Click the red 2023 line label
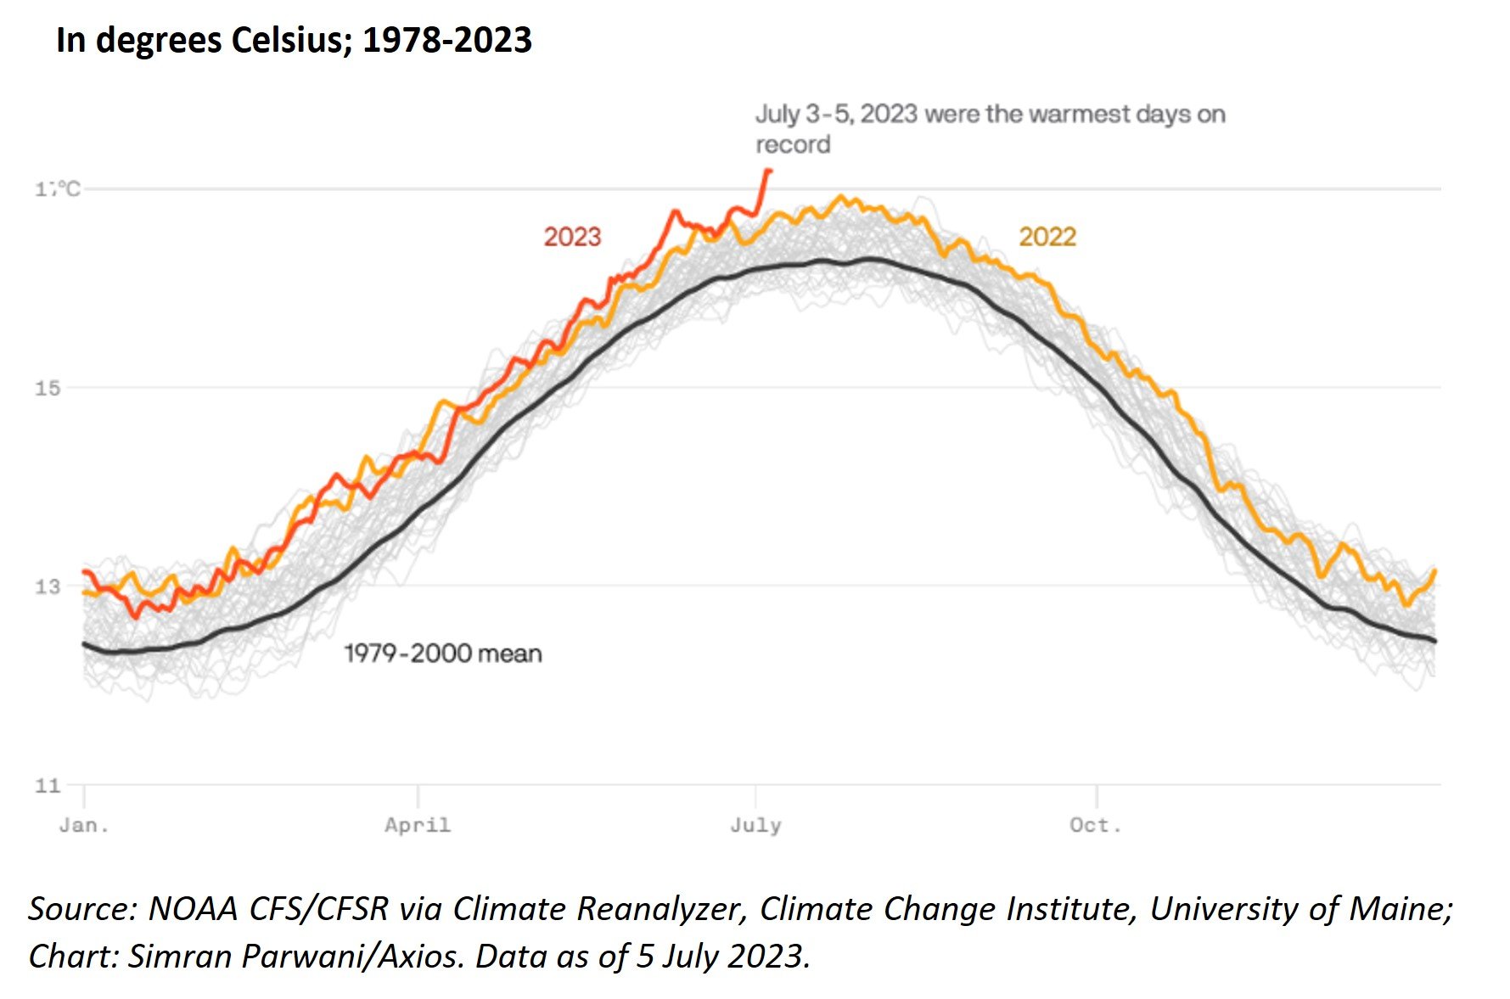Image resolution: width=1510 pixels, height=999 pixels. [x=572, y=237]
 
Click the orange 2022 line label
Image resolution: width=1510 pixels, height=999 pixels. [x=1047, y=237]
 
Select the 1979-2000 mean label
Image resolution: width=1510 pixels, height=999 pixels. [x=442, y=654]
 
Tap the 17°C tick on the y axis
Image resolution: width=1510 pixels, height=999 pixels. [x=58, y=189]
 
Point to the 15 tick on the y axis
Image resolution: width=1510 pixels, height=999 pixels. [x=48, y=389]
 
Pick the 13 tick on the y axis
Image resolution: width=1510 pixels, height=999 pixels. [x=48, y=586]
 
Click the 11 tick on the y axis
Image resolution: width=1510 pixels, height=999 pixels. [x=48, y=786]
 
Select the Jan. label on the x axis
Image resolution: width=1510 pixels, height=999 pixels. [x=84, y=826]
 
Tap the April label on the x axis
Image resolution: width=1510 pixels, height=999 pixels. [x=418, y=826]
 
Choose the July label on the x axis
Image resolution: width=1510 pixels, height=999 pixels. [x=755, y=826]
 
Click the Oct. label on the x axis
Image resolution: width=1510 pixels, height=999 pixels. [x=1096, y=826]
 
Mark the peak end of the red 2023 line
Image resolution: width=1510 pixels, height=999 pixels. [x=769, y=171]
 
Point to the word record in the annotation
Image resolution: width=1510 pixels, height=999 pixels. [x=793, y=145]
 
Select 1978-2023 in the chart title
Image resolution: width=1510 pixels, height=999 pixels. [x=447, y=40]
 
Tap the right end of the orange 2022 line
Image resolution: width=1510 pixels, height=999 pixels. [x=1434, y=571]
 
